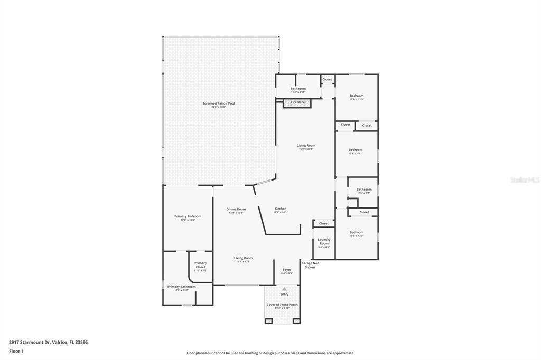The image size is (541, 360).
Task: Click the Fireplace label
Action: click(297, 102)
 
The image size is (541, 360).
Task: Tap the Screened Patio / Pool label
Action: click(218, 103)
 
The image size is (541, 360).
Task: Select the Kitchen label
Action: click(281, 209)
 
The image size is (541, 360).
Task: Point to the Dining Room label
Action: click(236, 209)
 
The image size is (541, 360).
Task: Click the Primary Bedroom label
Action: click(188, 216)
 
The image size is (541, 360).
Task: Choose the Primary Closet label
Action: click(200, 265)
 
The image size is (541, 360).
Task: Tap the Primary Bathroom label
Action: click(181, 287)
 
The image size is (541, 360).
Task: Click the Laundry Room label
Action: click(324, 242)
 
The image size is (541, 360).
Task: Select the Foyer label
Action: click(287, 270)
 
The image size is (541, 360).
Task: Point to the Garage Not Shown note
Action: click(310, 265)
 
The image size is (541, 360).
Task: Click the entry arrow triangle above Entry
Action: click(284, 289)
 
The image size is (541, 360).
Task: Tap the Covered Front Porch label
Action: click(282, 305)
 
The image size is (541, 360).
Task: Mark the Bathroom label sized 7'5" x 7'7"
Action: click(364, 190)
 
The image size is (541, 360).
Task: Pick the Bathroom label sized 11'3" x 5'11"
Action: click(298, 89)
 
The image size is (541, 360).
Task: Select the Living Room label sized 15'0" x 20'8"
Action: click(306, 146)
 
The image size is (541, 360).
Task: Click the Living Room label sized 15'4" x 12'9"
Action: click(244, 258)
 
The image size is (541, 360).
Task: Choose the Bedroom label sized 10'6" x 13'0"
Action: click(357, 233)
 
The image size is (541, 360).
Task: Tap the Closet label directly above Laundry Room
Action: click(324, 223)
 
